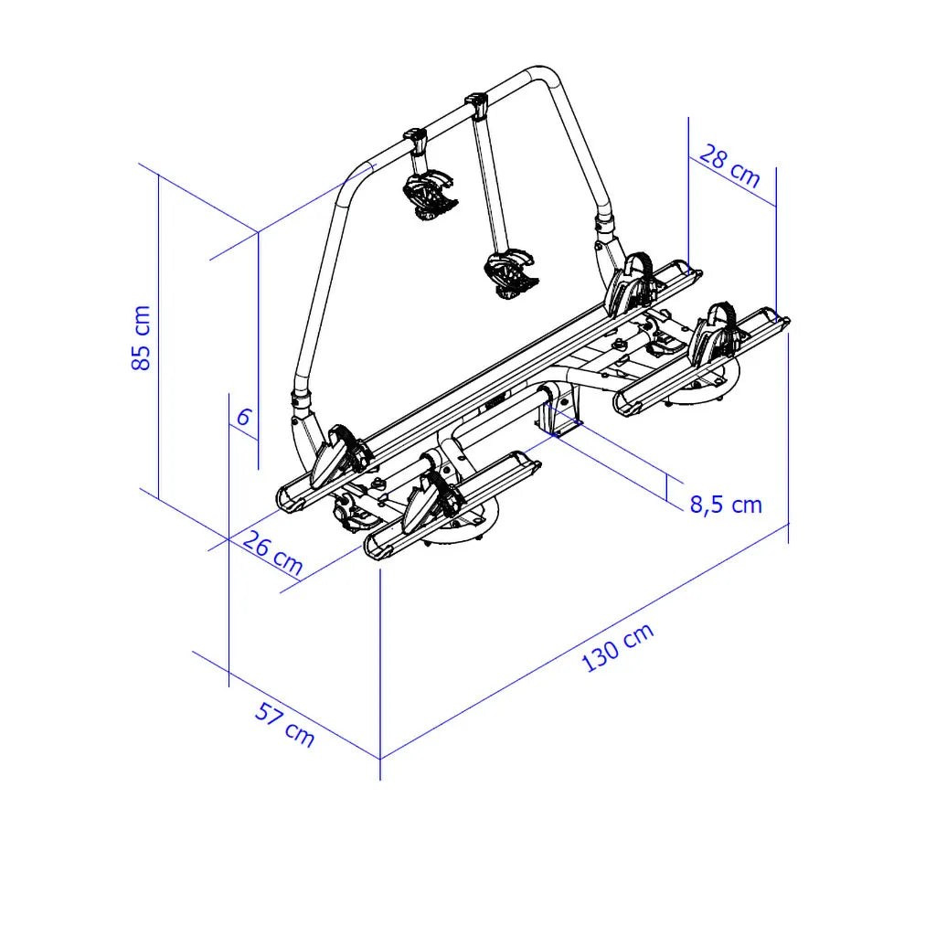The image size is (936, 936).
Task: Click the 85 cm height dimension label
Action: [141, 338]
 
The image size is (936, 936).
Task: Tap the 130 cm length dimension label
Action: [618, 648]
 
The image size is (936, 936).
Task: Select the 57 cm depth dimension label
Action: [284, 724]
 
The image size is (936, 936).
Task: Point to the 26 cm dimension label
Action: [272, 553]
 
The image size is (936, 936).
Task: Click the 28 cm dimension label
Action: [729, 166]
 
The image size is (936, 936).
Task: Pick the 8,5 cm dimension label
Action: [726, 505]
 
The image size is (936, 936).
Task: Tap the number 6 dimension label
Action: [243, 417]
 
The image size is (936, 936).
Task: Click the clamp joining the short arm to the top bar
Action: [417, 141]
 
